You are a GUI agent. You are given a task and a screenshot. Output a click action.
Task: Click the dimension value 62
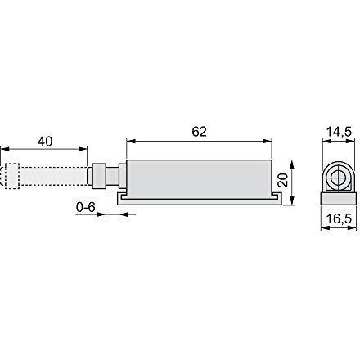(200, 132)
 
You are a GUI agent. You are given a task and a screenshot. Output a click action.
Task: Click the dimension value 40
(45, 142)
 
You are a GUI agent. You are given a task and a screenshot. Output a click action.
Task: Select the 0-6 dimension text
(86, 207)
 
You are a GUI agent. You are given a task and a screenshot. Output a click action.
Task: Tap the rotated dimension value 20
(283, 180)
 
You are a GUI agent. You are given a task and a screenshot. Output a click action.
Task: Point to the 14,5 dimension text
(340, 132)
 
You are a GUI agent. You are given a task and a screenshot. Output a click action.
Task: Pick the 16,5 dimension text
(339, 219)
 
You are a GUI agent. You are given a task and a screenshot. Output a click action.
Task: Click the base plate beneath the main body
(200, 199)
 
